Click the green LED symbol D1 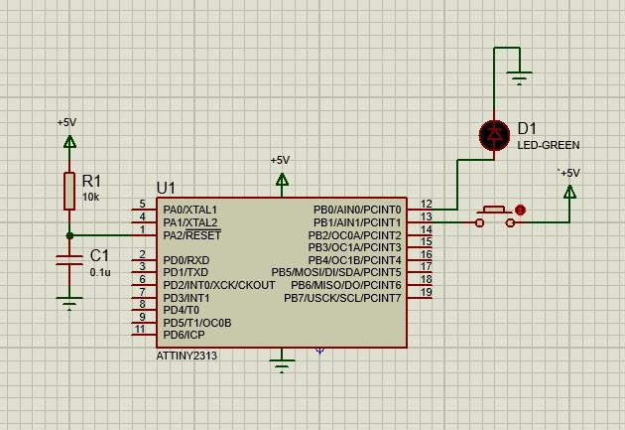(493, 135)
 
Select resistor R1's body (69, 190)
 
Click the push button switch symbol (495, 216)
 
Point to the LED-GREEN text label (548, 145)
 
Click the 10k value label (90, 197)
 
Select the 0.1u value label (100, 271)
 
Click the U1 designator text (166, 188)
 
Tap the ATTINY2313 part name (187, 356)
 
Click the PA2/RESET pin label (192, 235)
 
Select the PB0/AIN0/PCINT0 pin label (357, 211)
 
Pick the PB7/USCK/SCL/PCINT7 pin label (342, 298)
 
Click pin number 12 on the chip (426, 205)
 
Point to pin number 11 (140, 329)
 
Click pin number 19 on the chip (426, 292)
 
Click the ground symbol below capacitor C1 (69, 302)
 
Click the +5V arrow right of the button (569, 191)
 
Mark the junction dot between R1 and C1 (69, 235)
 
